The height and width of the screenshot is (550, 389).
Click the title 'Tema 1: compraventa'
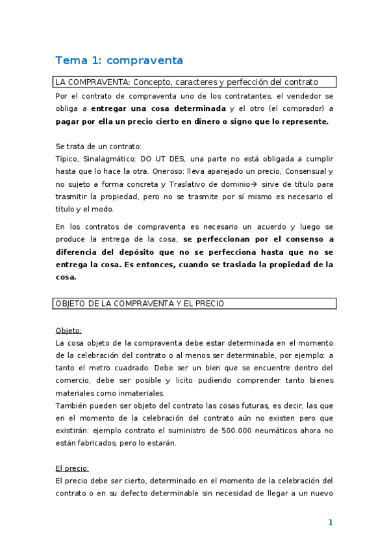point(119,60)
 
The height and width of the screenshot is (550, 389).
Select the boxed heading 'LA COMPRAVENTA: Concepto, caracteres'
point(186,82)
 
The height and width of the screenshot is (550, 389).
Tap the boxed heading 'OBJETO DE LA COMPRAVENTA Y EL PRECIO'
point(140,304)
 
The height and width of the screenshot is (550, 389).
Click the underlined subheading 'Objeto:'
point(69,330)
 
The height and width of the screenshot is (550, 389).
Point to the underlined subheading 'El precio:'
point(72,468)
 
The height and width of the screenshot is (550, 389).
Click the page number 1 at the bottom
point(330,523)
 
